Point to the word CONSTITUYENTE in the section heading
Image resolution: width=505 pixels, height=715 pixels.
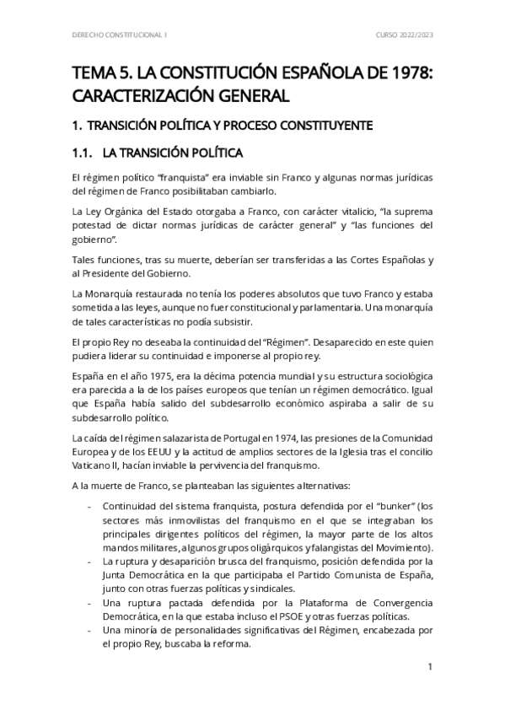click(325, 126)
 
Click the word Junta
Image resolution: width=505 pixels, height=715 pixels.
click(117, 575)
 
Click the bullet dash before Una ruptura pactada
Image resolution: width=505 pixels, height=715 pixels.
click(90, 602)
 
